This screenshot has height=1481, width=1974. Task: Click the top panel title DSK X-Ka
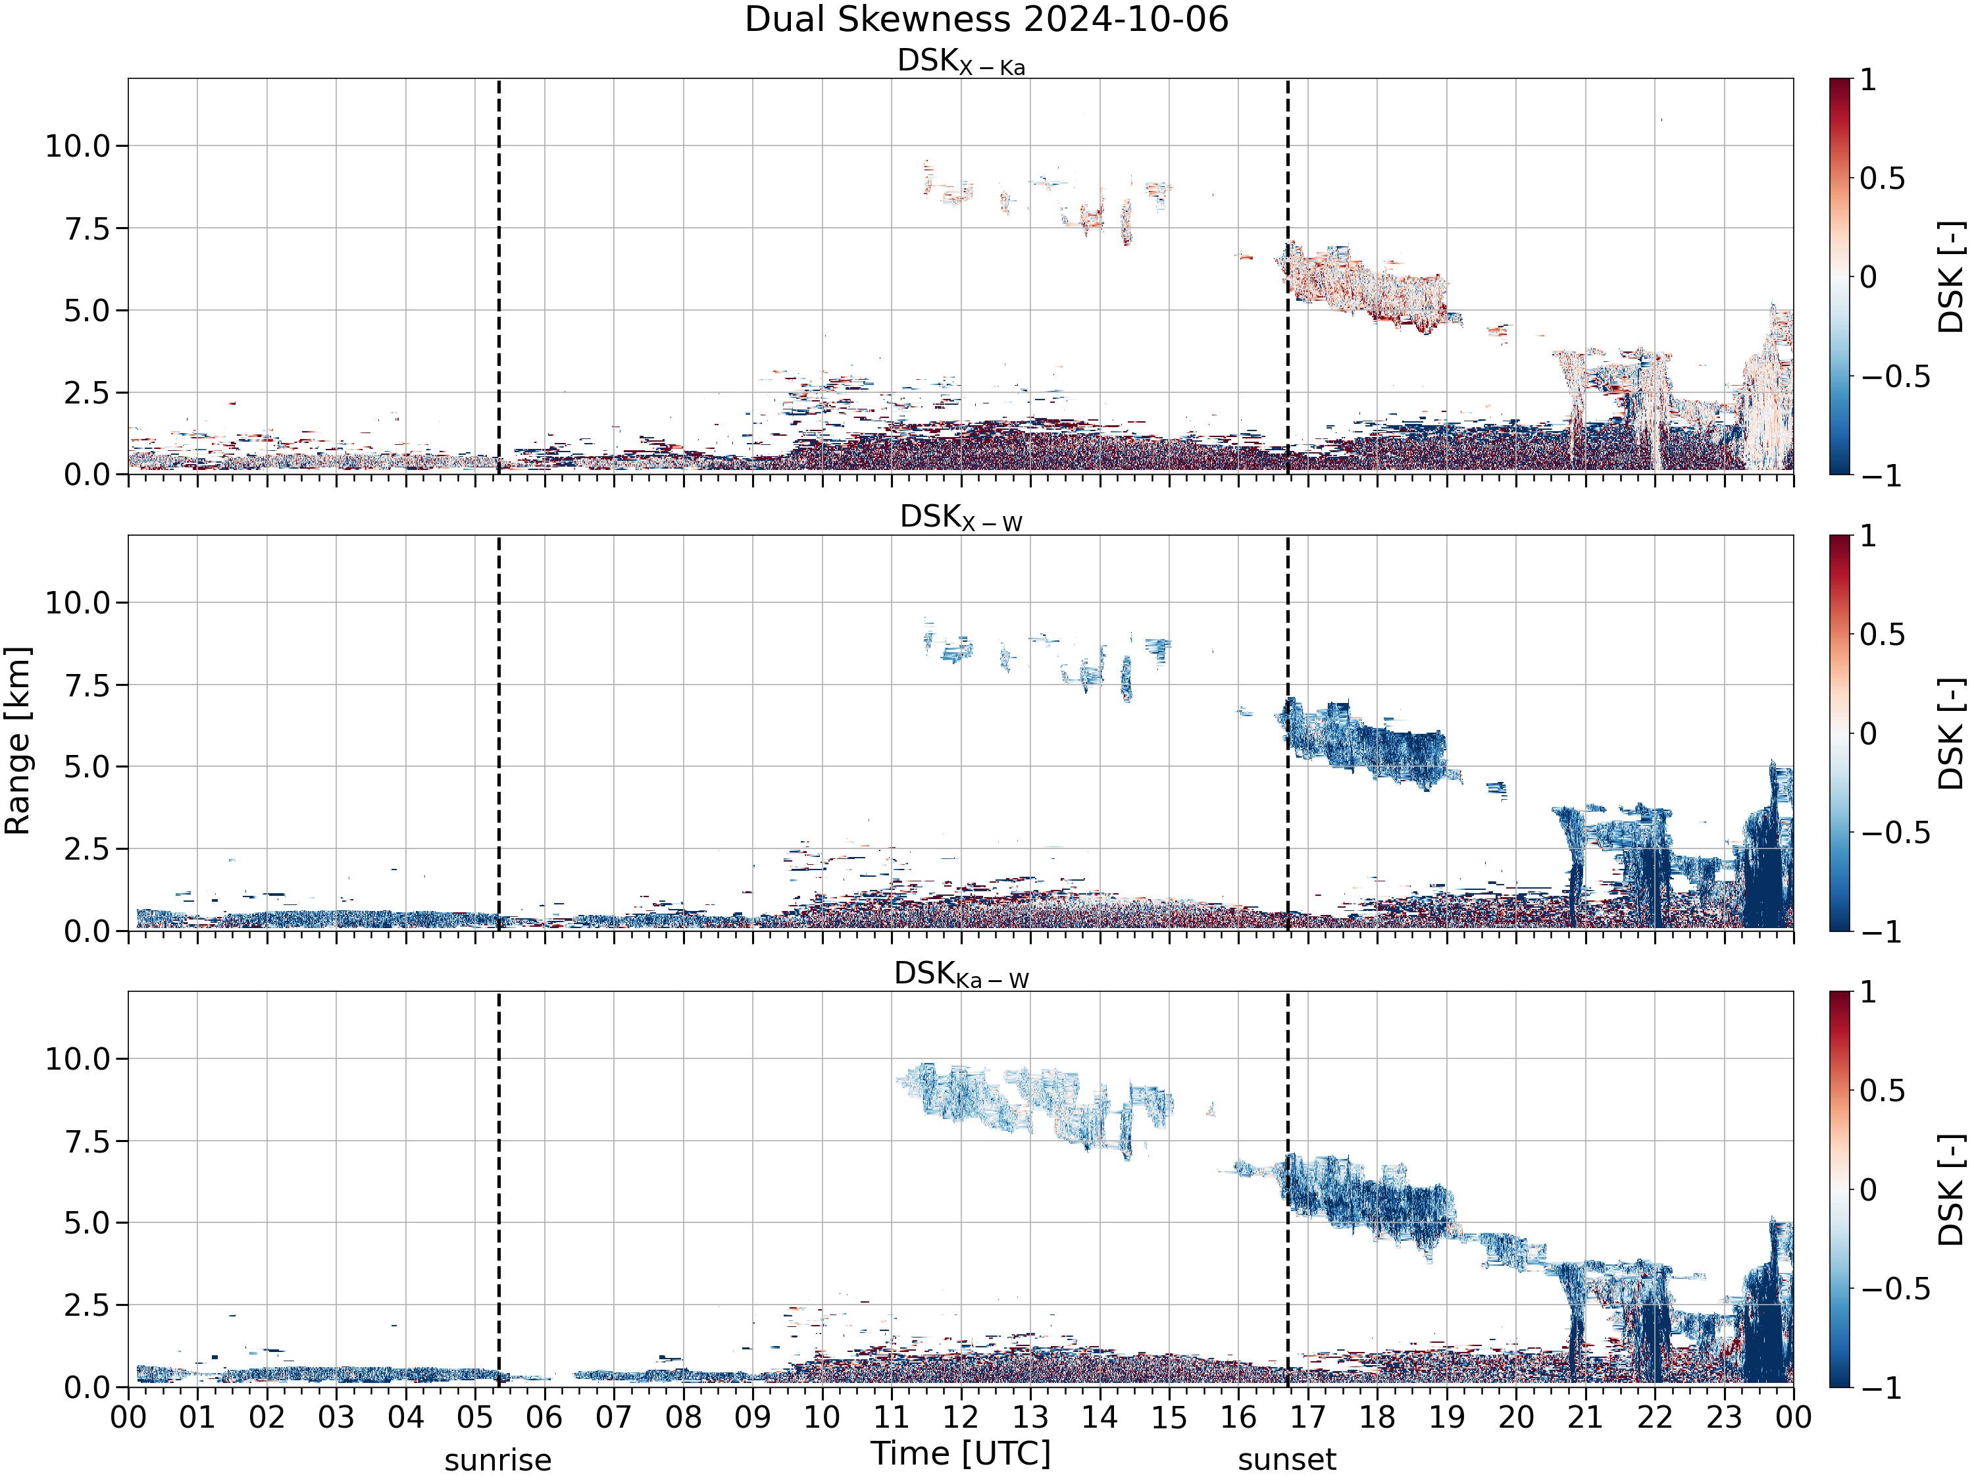pos(961,62)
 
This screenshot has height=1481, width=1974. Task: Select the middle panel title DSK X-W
pos(961,518)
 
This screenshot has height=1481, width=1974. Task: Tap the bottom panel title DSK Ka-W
pos(961,974)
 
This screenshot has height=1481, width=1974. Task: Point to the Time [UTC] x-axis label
pos(961,1453)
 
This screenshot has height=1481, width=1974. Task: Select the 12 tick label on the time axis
pos(961,1416)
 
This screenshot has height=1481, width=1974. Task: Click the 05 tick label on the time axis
pos(475,1416)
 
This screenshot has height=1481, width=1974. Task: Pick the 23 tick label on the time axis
pos(1724,1416)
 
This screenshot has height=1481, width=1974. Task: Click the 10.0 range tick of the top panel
pos(78,145)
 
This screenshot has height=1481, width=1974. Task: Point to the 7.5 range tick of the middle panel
pos(88,685)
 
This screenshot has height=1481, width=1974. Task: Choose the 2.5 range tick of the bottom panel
pos(88,1304)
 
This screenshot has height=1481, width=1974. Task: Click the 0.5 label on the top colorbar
pos(1882,178)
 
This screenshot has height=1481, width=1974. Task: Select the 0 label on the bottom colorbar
pos(1869,1189)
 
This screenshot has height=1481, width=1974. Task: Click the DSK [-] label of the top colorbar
pos(1952,276)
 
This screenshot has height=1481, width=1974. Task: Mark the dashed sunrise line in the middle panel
pos(498,733)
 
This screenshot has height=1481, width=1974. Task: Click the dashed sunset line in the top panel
pos(1287,276)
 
